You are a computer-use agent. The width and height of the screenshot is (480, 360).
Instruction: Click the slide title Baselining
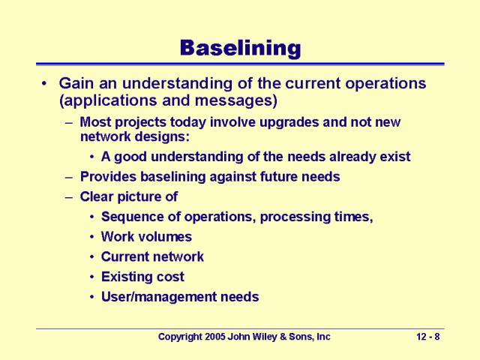(239, 49)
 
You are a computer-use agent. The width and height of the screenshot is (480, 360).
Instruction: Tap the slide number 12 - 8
(427, 337)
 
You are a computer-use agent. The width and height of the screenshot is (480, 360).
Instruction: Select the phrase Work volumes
(146, 237)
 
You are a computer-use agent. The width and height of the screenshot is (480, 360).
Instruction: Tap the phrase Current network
(152, 256)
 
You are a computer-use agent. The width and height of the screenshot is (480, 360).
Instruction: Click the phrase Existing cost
(142, 277)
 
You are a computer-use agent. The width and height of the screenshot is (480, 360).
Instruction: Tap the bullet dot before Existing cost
(91, 277)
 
